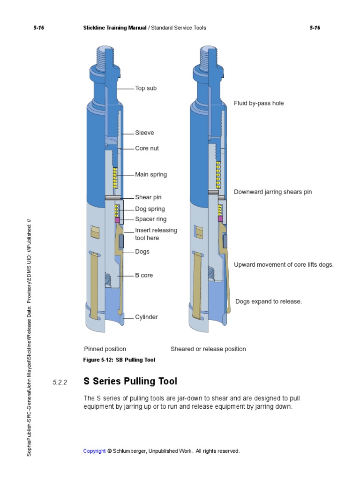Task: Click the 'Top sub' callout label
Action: (x=146, y=88)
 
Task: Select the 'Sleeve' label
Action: (x=144, y=133)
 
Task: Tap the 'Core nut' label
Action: (x=147, y=148)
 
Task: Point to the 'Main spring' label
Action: (x=151, y=174)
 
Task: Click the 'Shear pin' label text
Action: (x=148, y=197)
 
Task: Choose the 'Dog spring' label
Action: (x=150, y=209)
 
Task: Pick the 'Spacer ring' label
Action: (x=151, y=219)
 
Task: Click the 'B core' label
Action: (x=144, y=275)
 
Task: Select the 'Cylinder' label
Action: (x=146, y=317)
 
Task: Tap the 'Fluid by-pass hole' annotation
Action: (x=259, y=103)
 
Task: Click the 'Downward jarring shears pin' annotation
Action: (x=273, y=192)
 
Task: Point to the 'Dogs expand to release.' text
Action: (x=269, y=301)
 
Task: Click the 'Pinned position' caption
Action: (x=105, y=349)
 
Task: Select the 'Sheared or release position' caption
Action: (x=208, y=349)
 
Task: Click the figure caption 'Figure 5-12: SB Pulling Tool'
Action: (x=119, y=360)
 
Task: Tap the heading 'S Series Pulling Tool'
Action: (x=130, y=381)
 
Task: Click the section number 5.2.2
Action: (x=60, y=382)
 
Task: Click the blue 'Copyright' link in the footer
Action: (x=94, y=451)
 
